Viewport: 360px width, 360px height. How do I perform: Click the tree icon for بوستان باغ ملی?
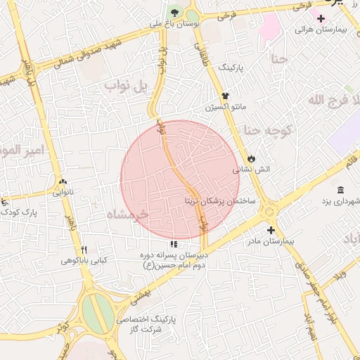click(x=174, y=13)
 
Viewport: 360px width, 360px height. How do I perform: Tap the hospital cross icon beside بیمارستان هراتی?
click(x=321, y=18)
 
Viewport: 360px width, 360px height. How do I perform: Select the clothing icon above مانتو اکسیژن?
click(x=225, y=96)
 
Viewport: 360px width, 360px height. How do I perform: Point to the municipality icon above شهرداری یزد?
click(x=340, y=191)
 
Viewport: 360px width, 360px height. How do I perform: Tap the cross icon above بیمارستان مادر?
click(x=271, y=230)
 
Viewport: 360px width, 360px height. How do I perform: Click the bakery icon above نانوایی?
click(x=63, y=180)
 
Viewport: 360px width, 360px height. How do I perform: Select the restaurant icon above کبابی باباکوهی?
click(x=84, y=250)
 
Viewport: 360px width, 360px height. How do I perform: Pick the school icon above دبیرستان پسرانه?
click(x=174, y=244)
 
